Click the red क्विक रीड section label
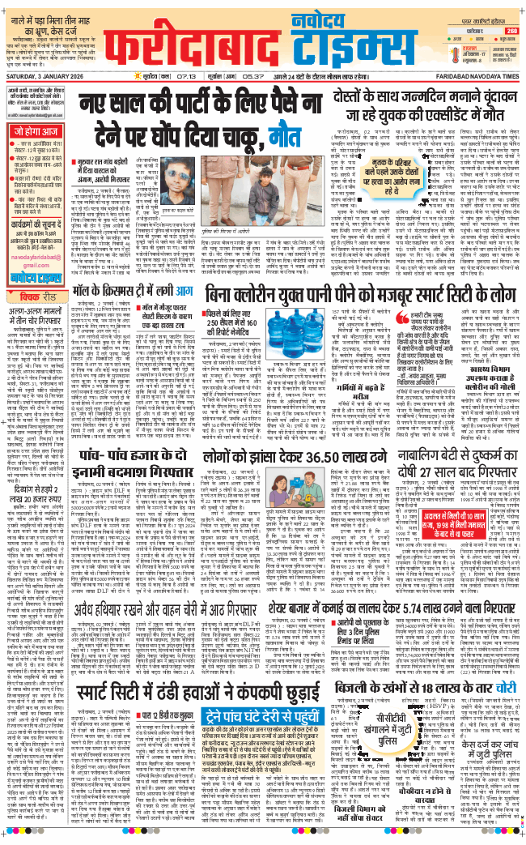click(x=39, y=273)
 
